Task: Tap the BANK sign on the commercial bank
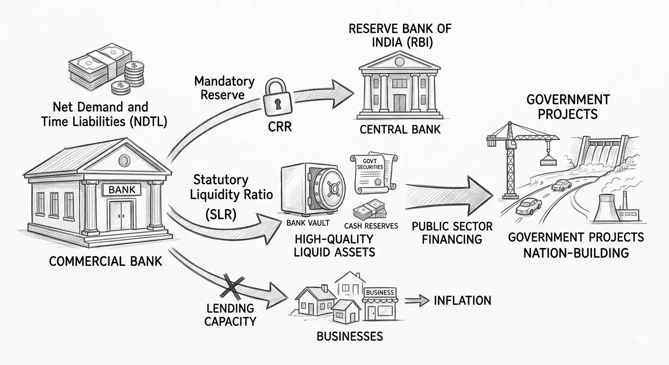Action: [122, 189]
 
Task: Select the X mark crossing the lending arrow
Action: [233, 288]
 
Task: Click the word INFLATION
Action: [462, 300]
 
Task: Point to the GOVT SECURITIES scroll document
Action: [373, 173]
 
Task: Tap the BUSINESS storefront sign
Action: [380, 292]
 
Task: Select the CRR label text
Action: [279, 126]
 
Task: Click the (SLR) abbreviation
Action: [221, 214]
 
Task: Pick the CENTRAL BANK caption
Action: [400, 130]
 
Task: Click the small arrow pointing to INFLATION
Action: [417, 300]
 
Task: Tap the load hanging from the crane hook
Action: [548, 161]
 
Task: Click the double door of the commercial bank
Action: [121, 216]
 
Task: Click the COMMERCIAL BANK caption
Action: [105, 261]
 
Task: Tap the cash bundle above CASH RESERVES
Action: [370, 210]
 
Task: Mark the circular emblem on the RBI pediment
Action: [399, 62]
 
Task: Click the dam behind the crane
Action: [606, 153]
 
